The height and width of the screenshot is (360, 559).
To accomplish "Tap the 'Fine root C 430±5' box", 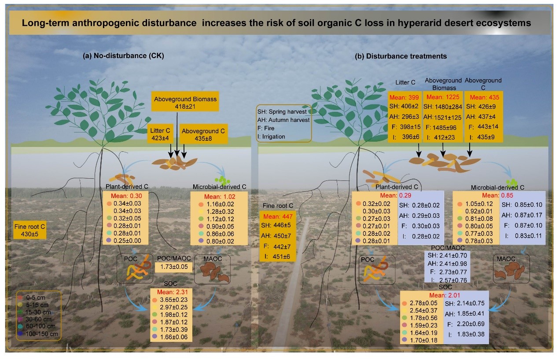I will (30, 230).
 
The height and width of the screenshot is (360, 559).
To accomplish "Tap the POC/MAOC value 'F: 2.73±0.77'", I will (446, 272).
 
